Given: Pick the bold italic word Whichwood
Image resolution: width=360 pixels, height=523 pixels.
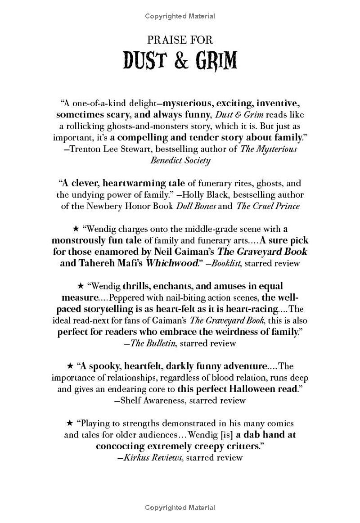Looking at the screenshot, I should pyautogui.click(x=172, y=263).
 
